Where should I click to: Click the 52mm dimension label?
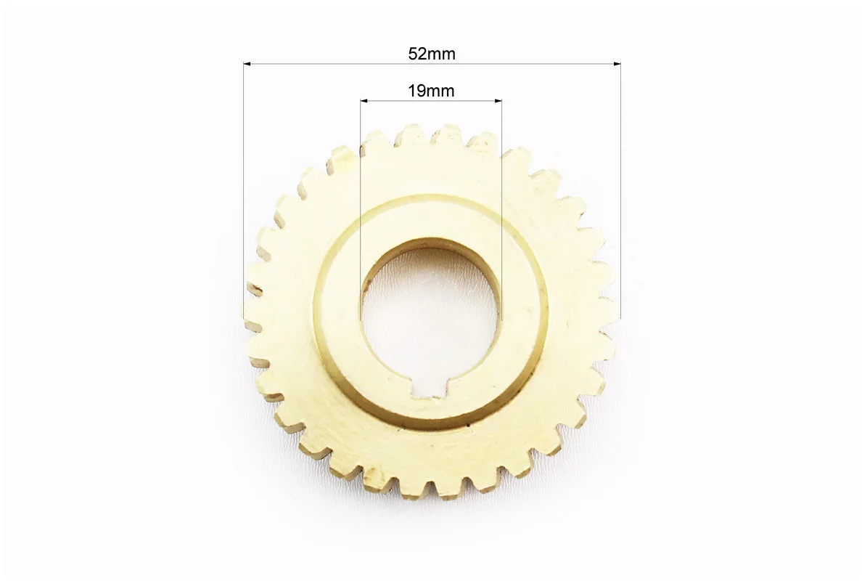tap(432, 54)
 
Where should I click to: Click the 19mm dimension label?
tap(431, 91)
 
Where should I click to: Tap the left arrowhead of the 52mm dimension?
tap(247, 65)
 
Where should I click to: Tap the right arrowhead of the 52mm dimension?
tap(617, 65)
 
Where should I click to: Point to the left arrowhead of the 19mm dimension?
tap(364, 101)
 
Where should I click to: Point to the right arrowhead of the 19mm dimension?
tap(498, 101)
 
